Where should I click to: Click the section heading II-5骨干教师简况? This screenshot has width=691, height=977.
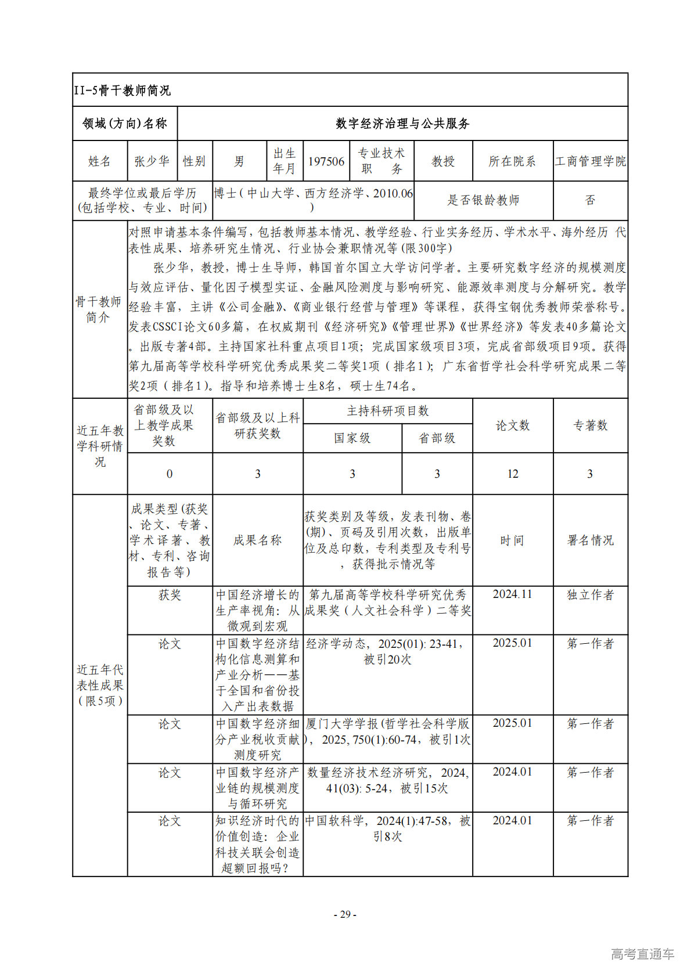click(x=123, y=91)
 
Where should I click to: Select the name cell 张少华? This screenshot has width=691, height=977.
click(x=152, y=161)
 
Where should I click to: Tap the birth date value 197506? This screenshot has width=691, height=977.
click(x=326, y=161)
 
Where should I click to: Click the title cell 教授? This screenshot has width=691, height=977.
click(x=443, y=161)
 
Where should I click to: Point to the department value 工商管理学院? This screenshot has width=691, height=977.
click(x=590, y=161)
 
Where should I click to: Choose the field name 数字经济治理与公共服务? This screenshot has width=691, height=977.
click(x=402, y=124)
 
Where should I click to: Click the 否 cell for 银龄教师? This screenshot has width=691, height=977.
click(x=590, y=200)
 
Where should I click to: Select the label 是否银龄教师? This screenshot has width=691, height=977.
click(x=483, y=200)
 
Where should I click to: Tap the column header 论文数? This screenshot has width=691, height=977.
click(x=512, y=426)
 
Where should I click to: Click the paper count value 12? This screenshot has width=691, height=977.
click(x=512, y=474)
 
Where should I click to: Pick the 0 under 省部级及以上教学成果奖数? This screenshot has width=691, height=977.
click(x=170, y=474)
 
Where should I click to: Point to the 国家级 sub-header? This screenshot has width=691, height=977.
click(x=352, y=438)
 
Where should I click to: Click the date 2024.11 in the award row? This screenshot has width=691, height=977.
click(x=512, y=594)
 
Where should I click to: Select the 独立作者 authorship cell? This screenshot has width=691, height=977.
click(x=590, y=595)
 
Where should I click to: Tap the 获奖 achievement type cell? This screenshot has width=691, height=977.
click(x=170, y=595)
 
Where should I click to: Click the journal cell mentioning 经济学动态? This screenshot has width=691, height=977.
click(x=387, y=651)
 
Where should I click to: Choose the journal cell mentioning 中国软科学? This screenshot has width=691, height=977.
click(x=387, y=828)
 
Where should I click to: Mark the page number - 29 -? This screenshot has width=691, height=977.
click(x=345, y=915)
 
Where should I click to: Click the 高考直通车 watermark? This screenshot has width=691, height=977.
click(x=642, y=954)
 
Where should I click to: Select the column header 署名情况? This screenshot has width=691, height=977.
click(x=590, y=540)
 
